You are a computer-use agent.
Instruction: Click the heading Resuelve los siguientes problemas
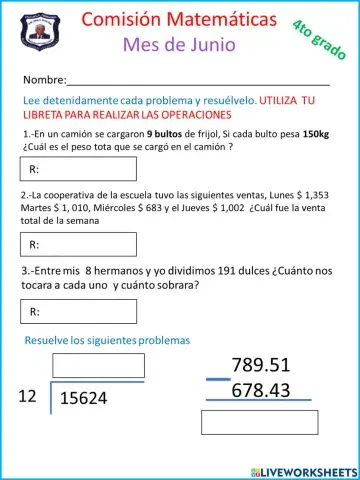point(107,341)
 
